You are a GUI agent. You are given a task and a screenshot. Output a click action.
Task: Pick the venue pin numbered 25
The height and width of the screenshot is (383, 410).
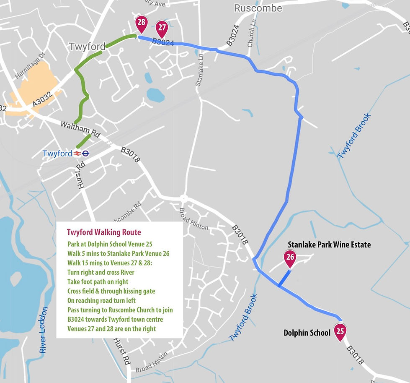(x=340, y=331)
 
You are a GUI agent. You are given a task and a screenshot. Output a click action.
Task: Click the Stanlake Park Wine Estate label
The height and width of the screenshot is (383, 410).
(x=329, y=244)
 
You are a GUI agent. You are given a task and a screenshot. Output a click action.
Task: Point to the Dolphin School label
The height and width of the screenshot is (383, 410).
(x=307, y=333)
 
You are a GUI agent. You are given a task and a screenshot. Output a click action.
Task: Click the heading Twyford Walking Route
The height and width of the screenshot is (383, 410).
(x=104, y=232)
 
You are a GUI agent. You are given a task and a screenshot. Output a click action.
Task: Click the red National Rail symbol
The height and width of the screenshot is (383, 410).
(x=77, y=154)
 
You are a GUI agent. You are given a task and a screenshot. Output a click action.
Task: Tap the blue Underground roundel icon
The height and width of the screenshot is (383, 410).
(x=85, y=154)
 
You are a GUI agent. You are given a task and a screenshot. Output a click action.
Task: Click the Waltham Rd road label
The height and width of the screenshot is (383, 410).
(x=80, y=130)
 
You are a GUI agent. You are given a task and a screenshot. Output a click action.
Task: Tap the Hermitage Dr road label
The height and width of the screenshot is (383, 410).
(x=29, y=69)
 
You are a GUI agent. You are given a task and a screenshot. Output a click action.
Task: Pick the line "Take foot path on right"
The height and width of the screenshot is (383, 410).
(x=98, y=281)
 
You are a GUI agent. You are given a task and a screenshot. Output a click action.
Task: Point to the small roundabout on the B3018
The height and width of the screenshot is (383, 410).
(x=183, y=198)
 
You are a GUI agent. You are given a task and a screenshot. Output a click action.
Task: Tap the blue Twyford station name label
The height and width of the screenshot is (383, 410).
(x=57, y=154)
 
